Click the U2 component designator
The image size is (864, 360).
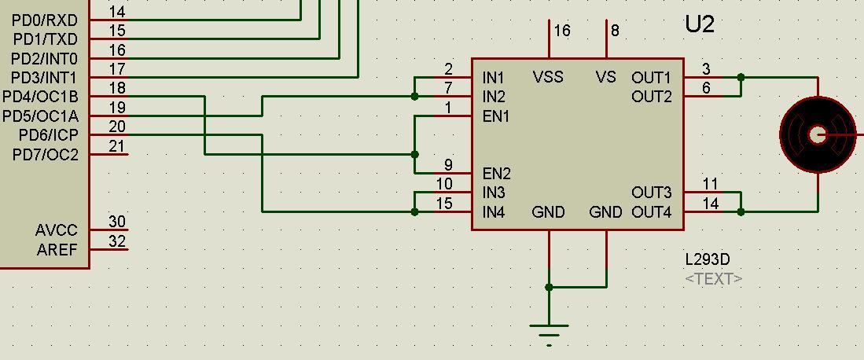[700, 24]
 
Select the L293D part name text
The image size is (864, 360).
[708, 259]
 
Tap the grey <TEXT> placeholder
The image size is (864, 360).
[713, 279]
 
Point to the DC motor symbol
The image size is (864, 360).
[818, 135]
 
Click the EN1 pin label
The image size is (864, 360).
[496, 116]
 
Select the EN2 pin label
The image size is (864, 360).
[497, 174]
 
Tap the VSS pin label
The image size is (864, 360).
[548, 77]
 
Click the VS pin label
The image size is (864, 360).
[605, 77]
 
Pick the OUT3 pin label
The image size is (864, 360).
[651, 193]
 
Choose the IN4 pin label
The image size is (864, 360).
[494, 212]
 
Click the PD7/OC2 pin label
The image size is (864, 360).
[46, 155]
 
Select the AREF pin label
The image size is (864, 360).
[57, 250]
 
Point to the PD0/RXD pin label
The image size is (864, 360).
[46, 20]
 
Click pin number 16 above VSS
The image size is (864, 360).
[561, 31]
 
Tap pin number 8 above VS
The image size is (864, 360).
[615, 31]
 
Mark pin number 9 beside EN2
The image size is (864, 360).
[448, 165]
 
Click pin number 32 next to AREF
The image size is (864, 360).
[117, 241]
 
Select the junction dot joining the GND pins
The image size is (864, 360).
[549, 288]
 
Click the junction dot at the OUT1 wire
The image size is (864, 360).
[741, 78]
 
